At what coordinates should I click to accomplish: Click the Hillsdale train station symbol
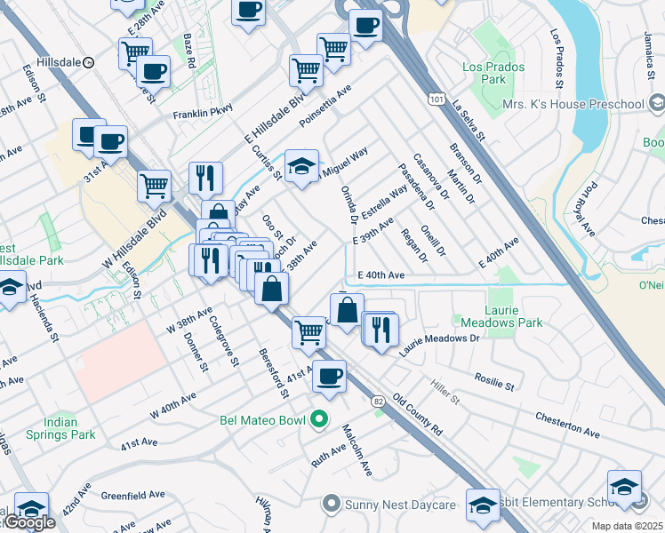[x=89, y=63]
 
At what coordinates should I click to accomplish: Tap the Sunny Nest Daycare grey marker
[x=331, y=505]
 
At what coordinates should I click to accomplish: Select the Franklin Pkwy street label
[x=203, y=111]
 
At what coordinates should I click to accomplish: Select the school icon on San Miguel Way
[x=301, y=166]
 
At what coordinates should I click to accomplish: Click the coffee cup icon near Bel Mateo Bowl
[x=329, y=375]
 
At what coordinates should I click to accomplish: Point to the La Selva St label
[x=468, y=122]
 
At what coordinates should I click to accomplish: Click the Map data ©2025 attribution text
[x=628, y=526]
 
